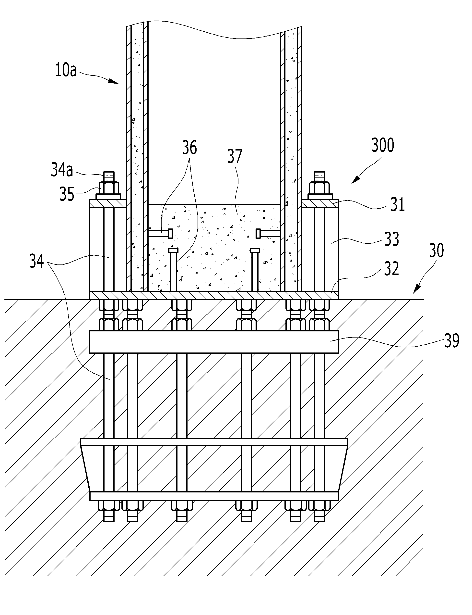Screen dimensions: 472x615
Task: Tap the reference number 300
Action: [x=383, y=145]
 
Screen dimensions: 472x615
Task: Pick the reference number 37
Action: [x=235, y=156]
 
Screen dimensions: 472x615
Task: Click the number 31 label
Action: [x=398, y=204]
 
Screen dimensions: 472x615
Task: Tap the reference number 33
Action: [x=391, y=239]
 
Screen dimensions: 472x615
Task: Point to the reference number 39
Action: [x=452, y=340]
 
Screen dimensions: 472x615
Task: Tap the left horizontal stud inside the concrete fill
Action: [x=160, y=233]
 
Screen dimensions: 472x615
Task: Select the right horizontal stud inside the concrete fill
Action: [x=268, y=233]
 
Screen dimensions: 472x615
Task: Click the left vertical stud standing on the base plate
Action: [x=173, y=270]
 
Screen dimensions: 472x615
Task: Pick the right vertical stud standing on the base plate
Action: [x=255, y=270]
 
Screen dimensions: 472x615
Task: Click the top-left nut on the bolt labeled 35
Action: [x=109, y=187]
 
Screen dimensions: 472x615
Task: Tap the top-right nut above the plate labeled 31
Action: [x=319, y=187]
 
